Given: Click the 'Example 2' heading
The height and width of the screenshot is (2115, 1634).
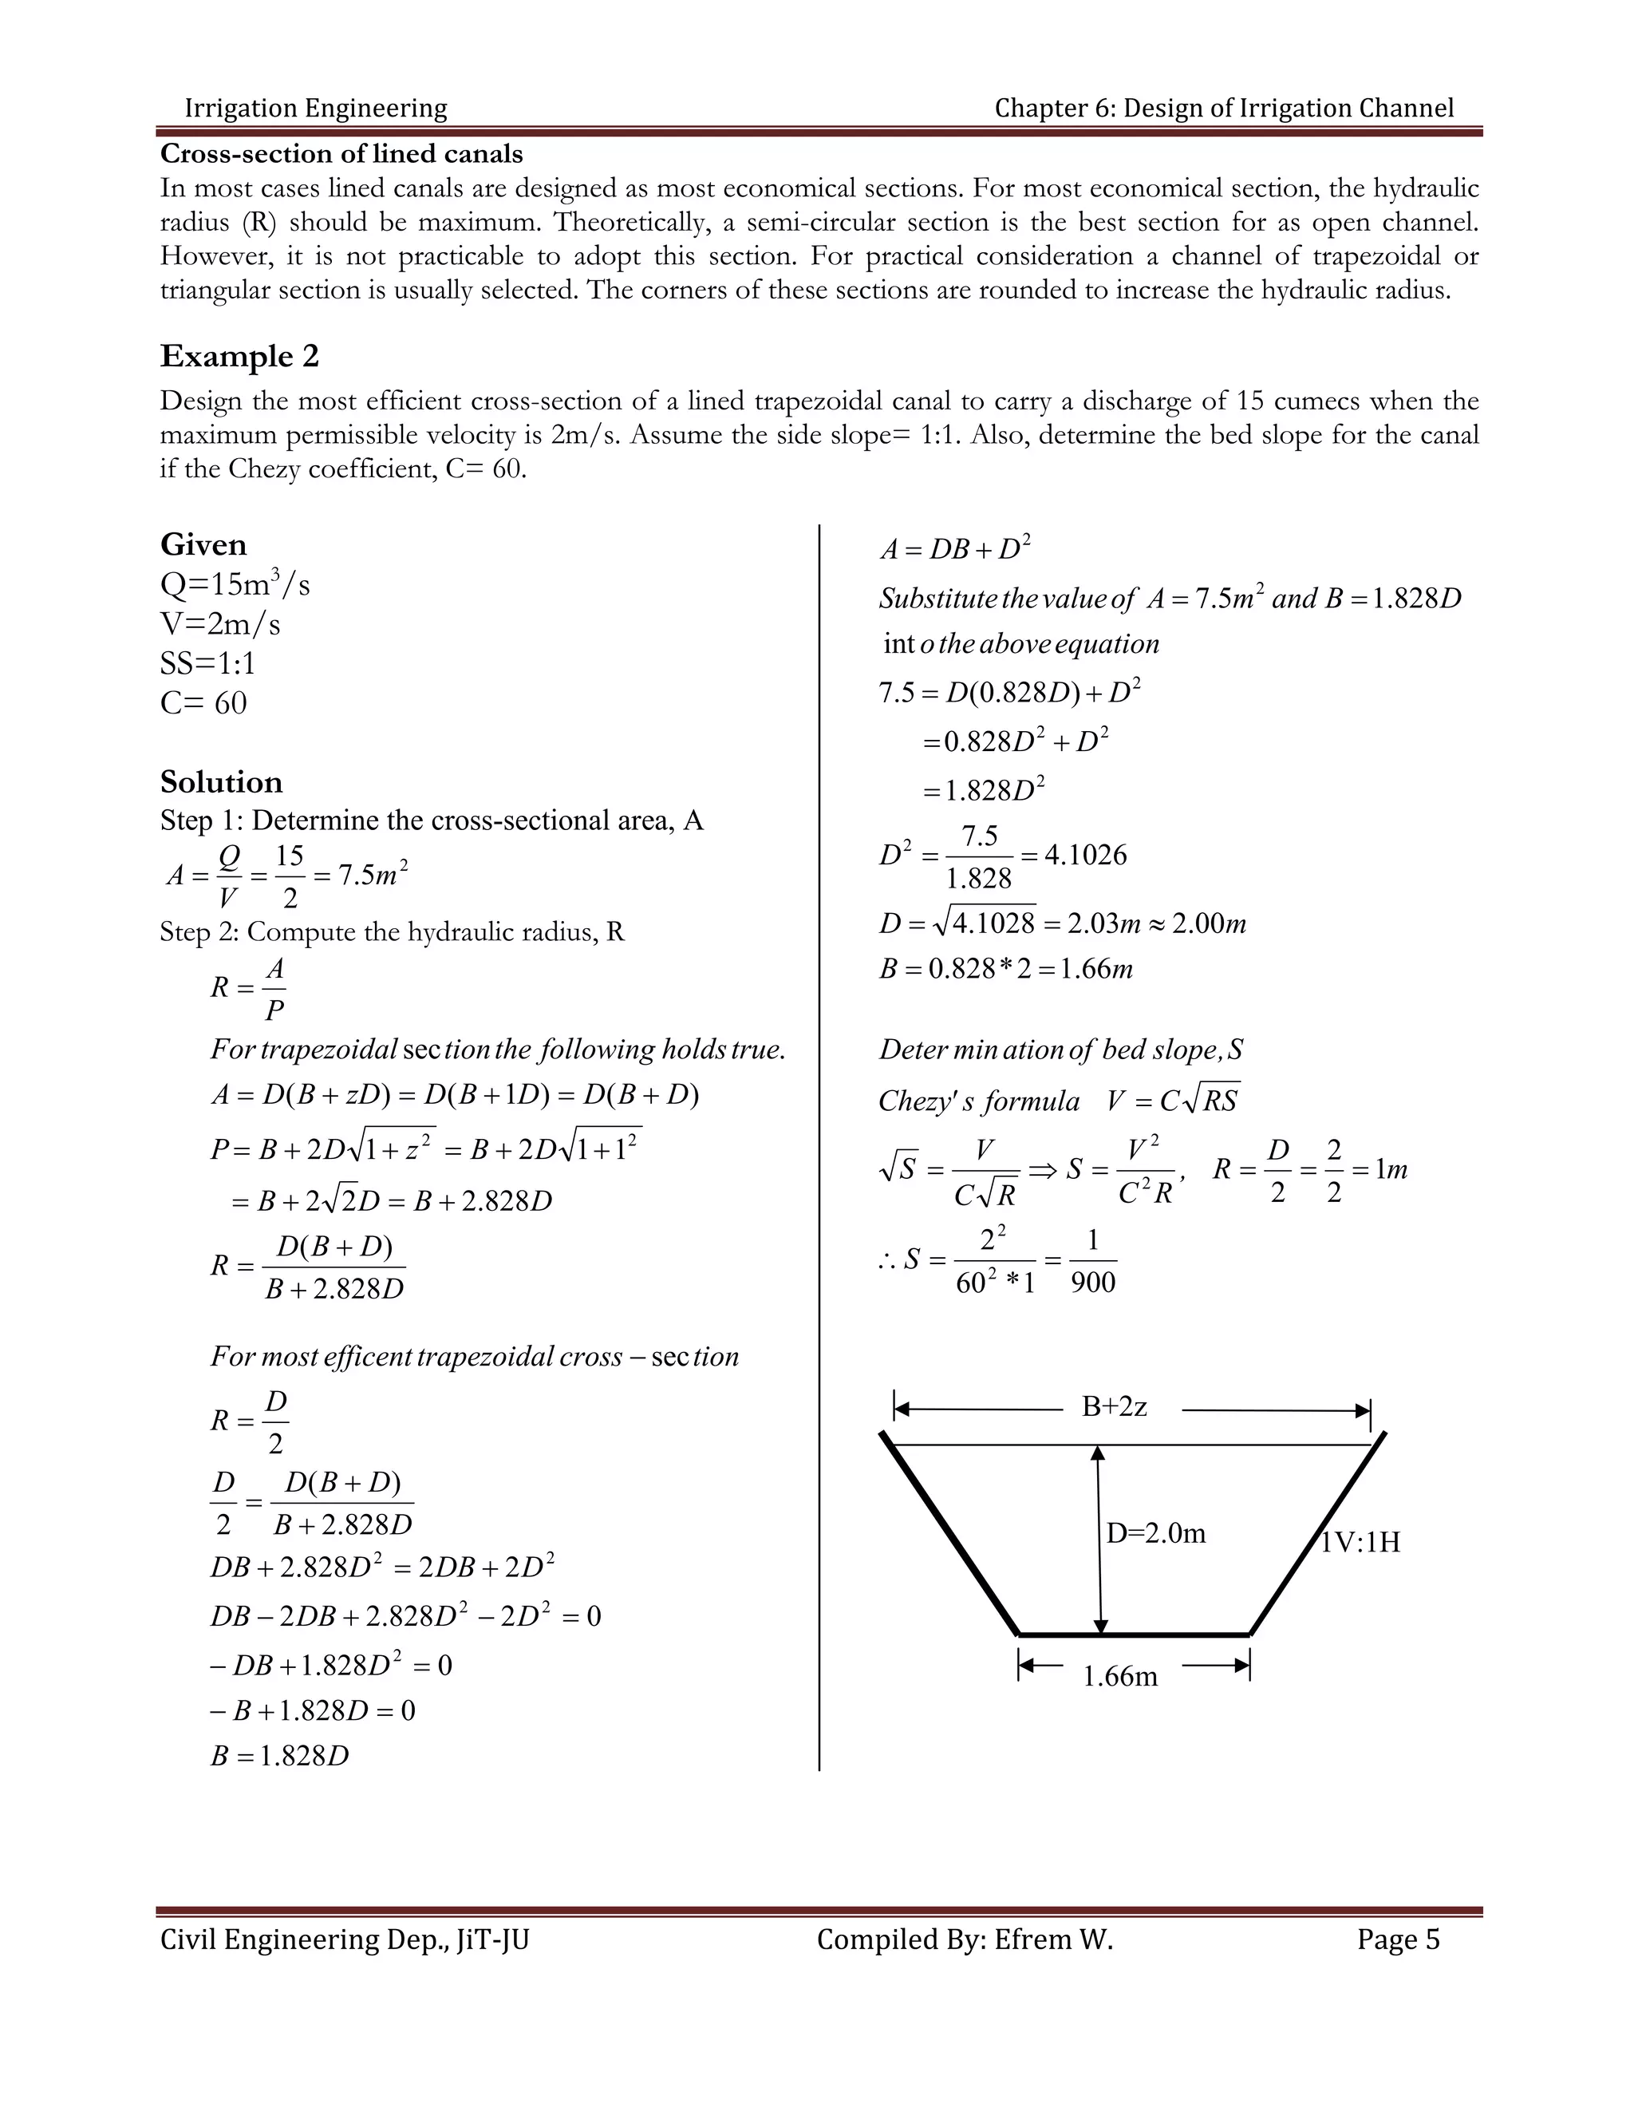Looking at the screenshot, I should (x=239, y=357).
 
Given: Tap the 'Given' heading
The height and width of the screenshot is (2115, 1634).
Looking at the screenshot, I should (x=203, y=544).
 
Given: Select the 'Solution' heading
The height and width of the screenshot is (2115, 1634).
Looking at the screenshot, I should (x=221, y=781).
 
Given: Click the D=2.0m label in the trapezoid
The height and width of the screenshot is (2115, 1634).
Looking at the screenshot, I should (x=1156, y=1533).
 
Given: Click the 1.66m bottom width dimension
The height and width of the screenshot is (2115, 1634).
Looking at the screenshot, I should (x=1119, y=1676).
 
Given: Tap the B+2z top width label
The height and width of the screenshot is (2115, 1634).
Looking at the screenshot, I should (x=1114, y=1406).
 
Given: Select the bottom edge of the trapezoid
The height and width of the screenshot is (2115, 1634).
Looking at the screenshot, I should (x=1134, y=1635).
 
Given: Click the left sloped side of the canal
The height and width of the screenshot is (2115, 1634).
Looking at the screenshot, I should (x=949, y=1533).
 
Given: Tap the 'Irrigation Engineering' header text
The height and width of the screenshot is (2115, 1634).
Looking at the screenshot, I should (x=316, y=108).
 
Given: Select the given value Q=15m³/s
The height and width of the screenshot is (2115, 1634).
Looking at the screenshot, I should (x=235, y=585).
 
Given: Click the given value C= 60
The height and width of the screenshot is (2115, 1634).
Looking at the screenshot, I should (x=203, y=702).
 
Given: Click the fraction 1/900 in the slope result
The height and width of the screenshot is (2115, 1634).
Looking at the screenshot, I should (x=1093, y=1261).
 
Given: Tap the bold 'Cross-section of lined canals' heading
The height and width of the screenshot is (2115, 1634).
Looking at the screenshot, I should (x=341, y=154).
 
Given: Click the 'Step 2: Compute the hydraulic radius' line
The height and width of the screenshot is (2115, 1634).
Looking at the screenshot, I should (x=392, y=931).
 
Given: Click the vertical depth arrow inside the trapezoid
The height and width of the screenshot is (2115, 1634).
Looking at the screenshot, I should (x=1099, y=1540).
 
